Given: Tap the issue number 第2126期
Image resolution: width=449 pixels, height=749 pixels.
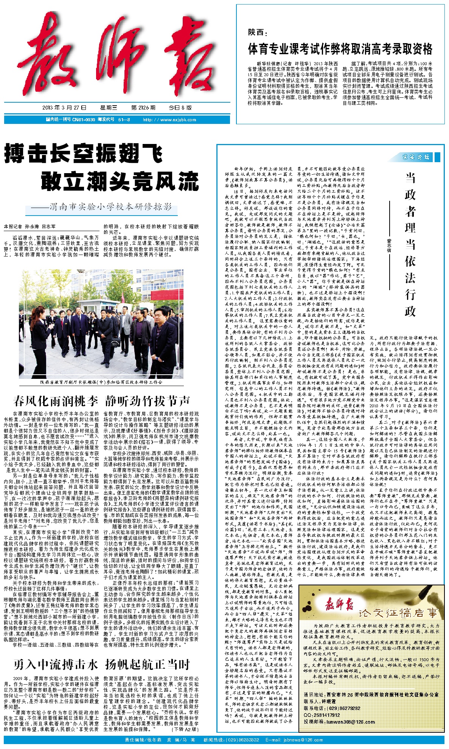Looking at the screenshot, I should point(143,108).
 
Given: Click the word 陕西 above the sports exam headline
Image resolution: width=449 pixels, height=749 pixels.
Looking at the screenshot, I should point(256,33).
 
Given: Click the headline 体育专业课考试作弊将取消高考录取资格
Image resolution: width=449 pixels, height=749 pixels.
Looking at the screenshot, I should point(340,49).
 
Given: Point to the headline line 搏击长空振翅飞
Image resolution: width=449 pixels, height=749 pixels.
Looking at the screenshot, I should point(84,154).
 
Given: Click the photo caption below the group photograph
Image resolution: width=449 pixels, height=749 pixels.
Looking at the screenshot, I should point(101,382).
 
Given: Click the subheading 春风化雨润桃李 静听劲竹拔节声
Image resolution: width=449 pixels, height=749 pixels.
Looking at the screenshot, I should point(101,401).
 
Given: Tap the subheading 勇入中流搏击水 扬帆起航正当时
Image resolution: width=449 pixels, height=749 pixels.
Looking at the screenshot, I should point(101,665).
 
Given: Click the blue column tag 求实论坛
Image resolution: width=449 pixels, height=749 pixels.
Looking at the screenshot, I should point(416,157).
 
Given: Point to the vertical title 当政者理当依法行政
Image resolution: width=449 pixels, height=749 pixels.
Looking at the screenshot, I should point(410,244).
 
